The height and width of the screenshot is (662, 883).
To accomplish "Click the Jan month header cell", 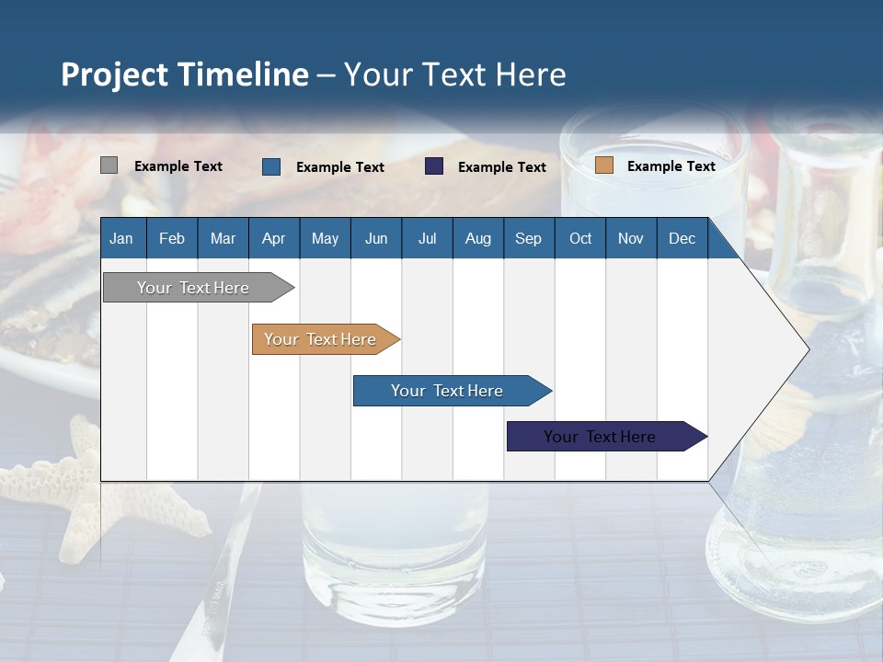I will [x=121, y=238].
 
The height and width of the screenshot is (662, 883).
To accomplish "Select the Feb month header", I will [x=172, y=238].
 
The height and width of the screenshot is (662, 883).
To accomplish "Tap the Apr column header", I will [x=274, y=238].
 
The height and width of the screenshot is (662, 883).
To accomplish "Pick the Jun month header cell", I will [x=376, y=238].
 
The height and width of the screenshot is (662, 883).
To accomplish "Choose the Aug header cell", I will [x=478, y=238].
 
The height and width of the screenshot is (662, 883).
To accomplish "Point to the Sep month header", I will [x=529, y=238].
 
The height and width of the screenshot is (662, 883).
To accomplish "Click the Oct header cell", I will [x=580, y=238].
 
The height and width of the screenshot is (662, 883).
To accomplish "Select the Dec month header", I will [x=682, y=238].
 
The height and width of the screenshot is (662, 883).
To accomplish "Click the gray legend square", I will [x=109, y=165].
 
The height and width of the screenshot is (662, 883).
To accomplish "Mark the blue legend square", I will [x=271, y=166].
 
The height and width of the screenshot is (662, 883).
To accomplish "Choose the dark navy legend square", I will [x=434, y=166].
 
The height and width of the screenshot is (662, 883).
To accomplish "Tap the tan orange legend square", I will [x=604, y=165].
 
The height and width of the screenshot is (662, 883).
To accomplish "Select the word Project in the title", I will [x=114, y=74].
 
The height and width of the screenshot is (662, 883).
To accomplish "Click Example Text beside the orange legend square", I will [x=671, y=166].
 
